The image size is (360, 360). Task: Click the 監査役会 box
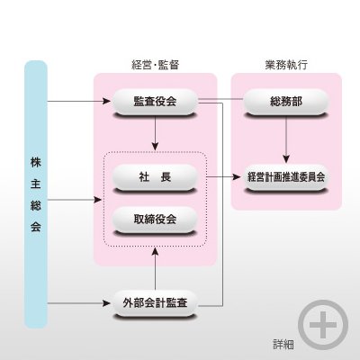[155, 102]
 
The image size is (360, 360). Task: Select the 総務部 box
[286, 102]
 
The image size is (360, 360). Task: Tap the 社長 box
[155, 177]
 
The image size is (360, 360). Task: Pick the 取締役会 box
[155, 220]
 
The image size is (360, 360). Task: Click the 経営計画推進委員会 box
[286, 177]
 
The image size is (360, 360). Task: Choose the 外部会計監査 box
[155, 303]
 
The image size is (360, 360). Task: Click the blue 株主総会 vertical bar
[36, 194]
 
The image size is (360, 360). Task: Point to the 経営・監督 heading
[156, 65]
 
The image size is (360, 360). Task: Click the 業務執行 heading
[286, 65]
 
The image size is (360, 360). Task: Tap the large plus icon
[323, 325]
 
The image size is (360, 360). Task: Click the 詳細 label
[283, 345]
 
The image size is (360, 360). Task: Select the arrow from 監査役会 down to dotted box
[155, 133]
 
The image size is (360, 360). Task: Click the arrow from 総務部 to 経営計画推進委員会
[286, 139]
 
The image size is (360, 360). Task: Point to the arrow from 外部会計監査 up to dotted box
[155, 268]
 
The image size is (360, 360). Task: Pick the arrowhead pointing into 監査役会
[107, 102]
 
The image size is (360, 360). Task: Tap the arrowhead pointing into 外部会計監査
[107, 303]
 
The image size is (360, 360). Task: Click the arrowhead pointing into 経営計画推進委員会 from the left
[237, 177]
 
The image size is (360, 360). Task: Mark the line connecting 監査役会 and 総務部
[220, 99]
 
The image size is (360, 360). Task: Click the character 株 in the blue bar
[36, 162]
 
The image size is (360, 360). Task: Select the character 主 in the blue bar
[36, 184]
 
